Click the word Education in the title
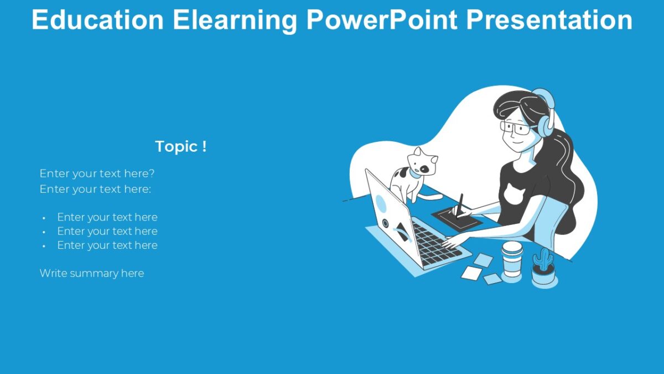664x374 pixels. [97, 20]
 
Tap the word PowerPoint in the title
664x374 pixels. [381, 20]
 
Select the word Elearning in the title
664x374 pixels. [235, 20]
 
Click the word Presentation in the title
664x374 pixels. [549, 20]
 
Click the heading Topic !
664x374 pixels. [180, 147]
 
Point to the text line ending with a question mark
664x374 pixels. [97, 173]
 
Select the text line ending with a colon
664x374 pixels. [95, 189]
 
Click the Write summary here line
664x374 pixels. [92, 273]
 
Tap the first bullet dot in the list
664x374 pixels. [44, 218]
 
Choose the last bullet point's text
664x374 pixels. [107, 245]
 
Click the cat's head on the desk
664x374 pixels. [422, 162]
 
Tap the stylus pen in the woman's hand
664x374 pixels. [459, 203]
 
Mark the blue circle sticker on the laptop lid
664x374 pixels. [381, 202]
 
